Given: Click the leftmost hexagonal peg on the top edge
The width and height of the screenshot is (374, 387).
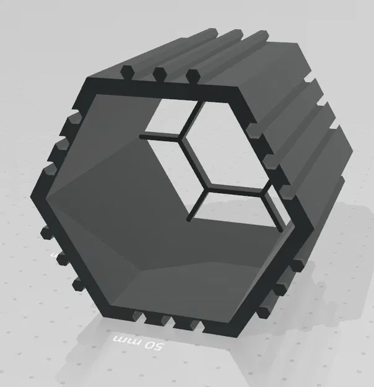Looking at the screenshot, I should point(126,71).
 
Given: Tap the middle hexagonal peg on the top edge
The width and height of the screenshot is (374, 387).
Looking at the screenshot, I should point(159,73).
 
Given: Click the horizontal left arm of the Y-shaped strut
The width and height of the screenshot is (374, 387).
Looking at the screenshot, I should point(162,136).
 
